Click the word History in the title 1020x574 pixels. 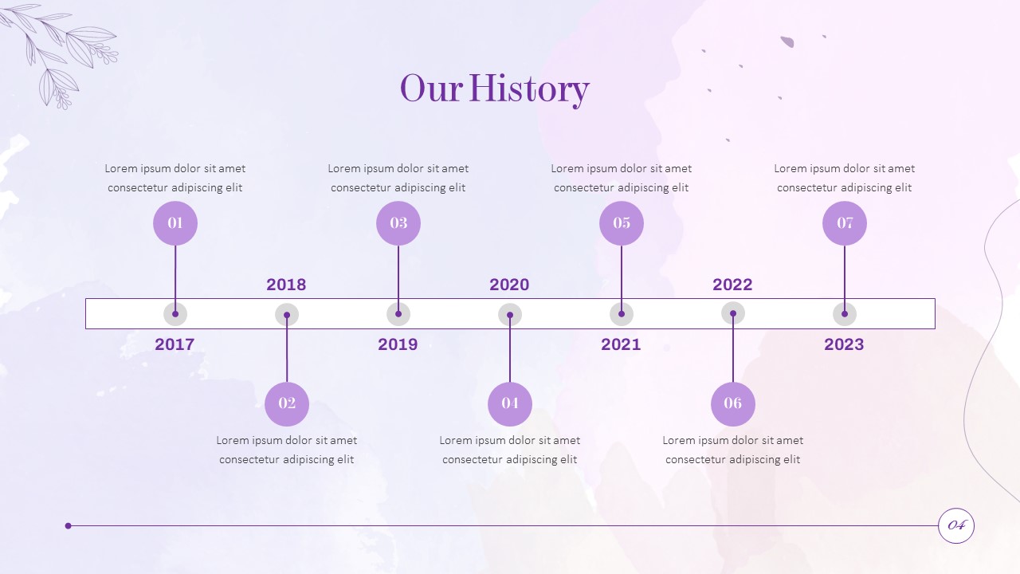[529, 90]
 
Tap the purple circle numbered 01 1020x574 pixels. [175, 223]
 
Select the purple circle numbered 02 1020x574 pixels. [287, 404]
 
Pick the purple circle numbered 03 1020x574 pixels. [398, 223]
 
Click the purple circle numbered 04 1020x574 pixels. [510, 404]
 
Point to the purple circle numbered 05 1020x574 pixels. [622, 223]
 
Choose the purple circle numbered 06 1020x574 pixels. [733, 404]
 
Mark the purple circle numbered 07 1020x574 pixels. [845, 223]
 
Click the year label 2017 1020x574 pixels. [175, 344]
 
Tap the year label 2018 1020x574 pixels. [286, 285]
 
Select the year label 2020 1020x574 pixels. [509, 285]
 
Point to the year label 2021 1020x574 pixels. [621, 344]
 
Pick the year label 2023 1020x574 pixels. [844, 344]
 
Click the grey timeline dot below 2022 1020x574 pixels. [733, 314]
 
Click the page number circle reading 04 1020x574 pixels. [956, 525]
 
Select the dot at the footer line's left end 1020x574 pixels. [69, 525]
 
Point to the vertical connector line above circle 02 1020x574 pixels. [287, 348]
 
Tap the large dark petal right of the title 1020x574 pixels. [787, 42]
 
